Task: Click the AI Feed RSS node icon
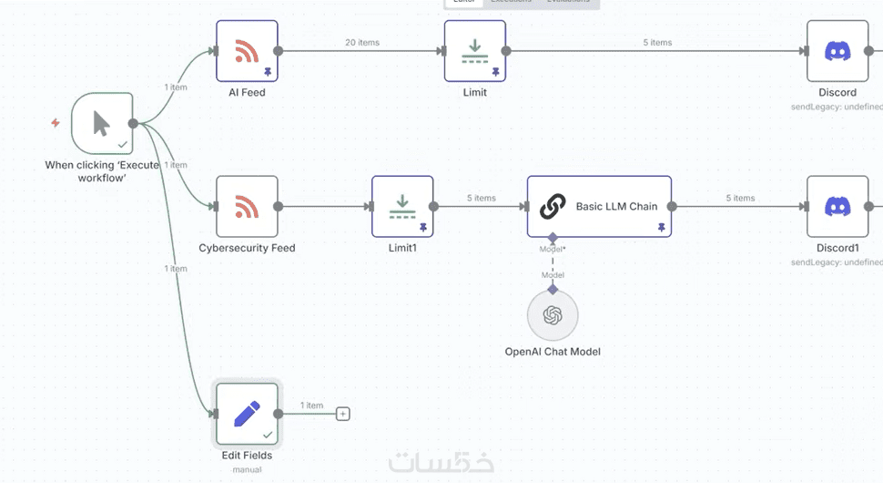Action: [x=247, y=51]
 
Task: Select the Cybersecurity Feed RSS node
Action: [x=247, y=207]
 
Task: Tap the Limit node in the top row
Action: [x=474, y=51]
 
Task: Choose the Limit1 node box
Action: [x=401, y=207]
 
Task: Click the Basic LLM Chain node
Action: [x=599, y=207]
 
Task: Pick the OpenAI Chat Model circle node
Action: [x=553, y=315]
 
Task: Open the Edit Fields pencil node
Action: [x=247, y=414]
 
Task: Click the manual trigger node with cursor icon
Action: [x=102, y=123]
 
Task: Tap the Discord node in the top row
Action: [x=837, y=51]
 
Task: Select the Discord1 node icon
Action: [x=837, y=207]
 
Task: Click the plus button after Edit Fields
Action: [x=343, y=414]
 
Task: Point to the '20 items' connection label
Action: [x=362, y=43]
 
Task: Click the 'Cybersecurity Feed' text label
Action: [x=247, y=248]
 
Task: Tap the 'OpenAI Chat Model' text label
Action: [x=553, y=352]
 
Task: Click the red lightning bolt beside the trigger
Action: [x=56, y=123]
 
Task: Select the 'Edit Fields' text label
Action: [x=247, y=456]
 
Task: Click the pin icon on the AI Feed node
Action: [x=268, y=71]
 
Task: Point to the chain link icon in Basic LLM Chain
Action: [x=553, y=207]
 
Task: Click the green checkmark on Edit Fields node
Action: [x=268, y=435]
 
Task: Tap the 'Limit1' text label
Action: [x=401, y=248]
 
